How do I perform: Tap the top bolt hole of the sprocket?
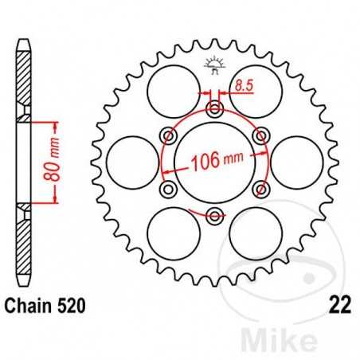tap(213, 108)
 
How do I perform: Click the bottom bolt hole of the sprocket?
tap(213, 214)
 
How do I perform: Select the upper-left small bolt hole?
tap(167, 135)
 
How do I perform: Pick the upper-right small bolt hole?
tap(260, 135)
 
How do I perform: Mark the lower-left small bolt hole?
tap(167, 188)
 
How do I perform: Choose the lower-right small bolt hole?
tap(260, 188)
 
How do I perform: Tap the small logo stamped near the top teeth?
tap(213, 63)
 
